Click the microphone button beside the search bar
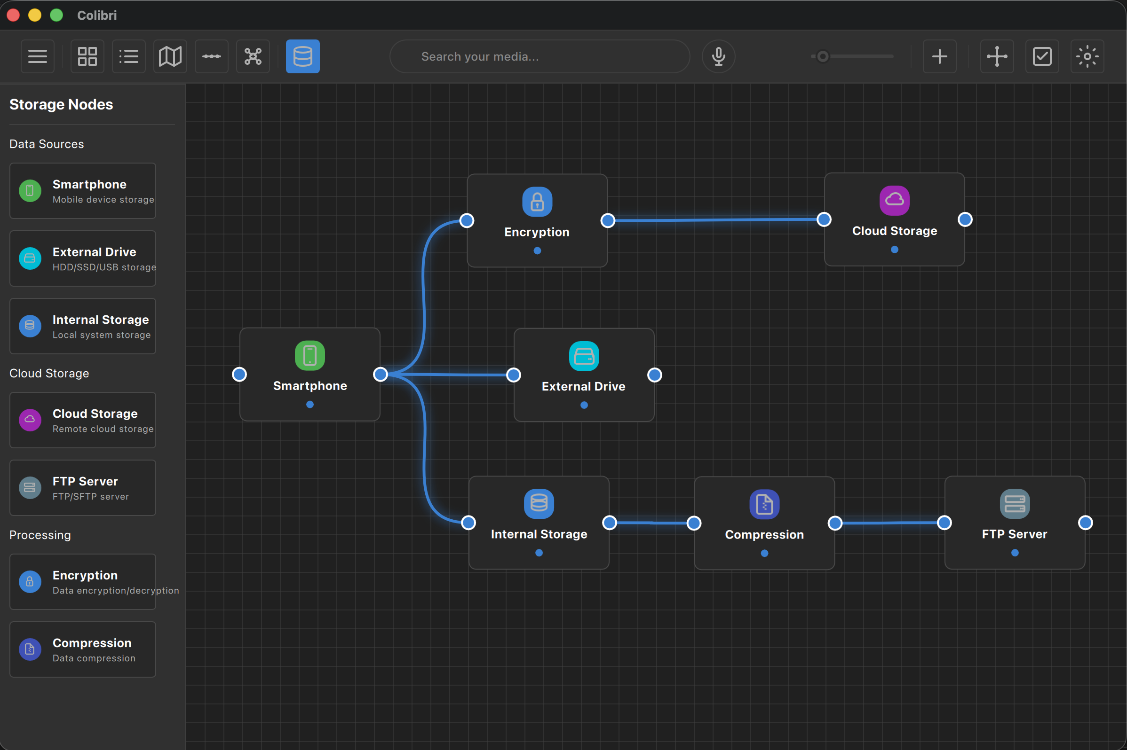[718, 56]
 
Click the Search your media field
[540, 56]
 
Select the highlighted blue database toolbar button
[302, 56]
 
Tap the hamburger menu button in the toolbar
[37, 56]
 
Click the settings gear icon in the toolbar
[1087, 56]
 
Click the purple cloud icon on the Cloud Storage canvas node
[894, 200]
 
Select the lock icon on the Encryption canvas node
[537, 202]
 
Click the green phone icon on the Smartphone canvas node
[310, 355]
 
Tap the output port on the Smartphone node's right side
[380, 374]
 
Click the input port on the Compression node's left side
[694, 523]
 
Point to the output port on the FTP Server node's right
[1085, 523]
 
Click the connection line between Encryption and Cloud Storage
[716, 220]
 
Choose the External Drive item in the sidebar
[83, 258]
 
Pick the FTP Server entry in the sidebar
[83, 487]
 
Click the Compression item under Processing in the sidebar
[83, 649]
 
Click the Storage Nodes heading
[61, 104]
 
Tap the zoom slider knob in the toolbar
[823, 56]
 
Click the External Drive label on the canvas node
[583, 386]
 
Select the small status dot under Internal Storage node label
[539, 553]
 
